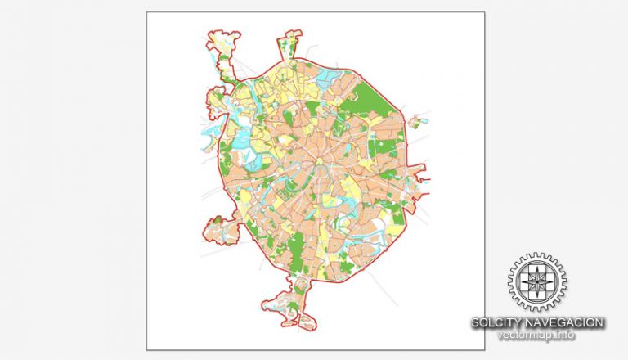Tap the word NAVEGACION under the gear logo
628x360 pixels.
565,323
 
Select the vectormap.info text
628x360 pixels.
537,335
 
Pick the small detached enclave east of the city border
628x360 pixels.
418,122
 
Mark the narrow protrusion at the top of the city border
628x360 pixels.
290,41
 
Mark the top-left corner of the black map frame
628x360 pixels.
146,11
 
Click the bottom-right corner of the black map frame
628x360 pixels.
484,349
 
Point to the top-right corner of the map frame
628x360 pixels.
484,11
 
